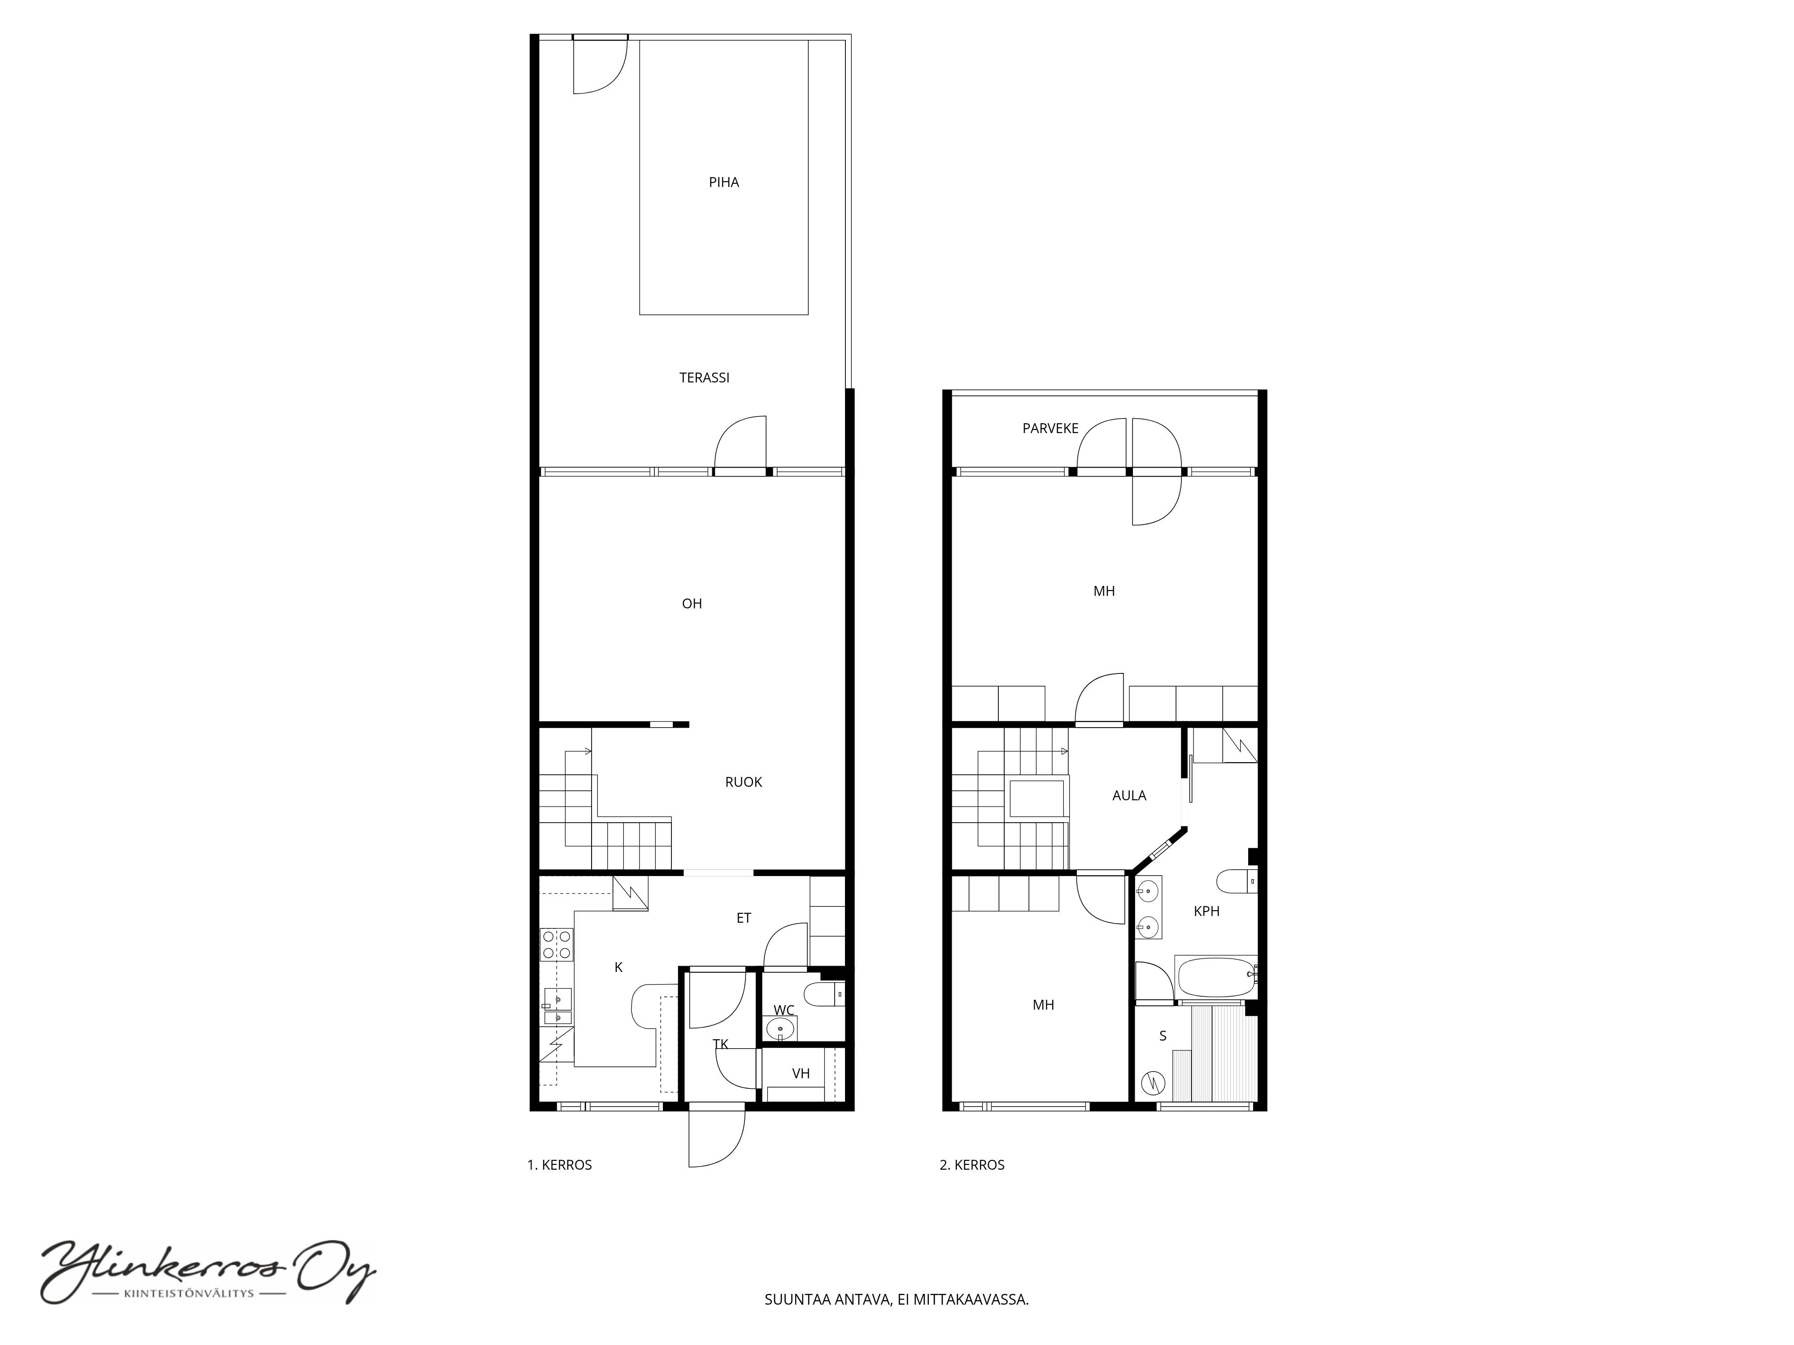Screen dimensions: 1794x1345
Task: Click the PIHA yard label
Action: (x=723, y=182)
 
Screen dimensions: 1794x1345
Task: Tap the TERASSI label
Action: (x=704, y=378)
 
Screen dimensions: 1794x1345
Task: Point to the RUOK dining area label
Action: (x=743, y=782)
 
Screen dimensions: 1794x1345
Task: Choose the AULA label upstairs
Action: (x=1129, y=796)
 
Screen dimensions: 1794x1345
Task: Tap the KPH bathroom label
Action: (x=1206, y=911)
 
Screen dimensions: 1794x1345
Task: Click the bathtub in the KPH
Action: (x=1216, y=977)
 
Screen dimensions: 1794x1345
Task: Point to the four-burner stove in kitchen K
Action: (x=557, y=945)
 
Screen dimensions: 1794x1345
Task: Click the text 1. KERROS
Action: (x=560, y=1165)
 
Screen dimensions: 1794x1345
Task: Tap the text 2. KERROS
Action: (x=971, y=1165)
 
